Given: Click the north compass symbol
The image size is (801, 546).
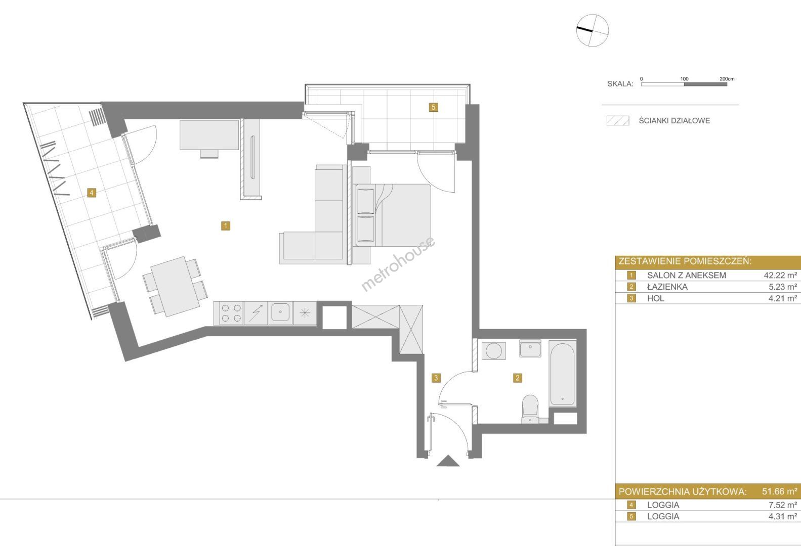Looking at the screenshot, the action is (592, 30).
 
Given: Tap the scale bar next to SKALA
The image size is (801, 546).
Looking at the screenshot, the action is (684, 84).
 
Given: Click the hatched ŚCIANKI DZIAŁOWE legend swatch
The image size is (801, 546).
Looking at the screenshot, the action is (618, 120).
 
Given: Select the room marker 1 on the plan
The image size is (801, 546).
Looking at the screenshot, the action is (225, 226).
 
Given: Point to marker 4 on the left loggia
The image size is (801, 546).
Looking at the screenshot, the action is (92, 193).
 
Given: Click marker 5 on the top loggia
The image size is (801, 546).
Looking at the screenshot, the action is (434, 107).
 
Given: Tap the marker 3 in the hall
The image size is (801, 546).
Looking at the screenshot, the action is (436, 378).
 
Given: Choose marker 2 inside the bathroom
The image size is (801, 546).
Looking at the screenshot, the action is (517, 378).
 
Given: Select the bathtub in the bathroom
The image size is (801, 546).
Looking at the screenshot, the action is (563, 374).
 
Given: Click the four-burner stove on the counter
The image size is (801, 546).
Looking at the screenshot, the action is (231, 313).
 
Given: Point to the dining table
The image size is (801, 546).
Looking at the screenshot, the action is (175, 286).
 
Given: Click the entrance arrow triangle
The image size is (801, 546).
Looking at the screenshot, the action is (448, 461).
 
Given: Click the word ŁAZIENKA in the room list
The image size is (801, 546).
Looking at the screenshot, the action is (667, 287).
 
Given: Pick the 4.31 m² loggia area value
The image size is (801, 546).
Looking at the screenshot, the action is (783, 516).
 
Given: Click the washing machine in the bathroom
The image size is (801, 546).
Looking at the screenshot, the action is (494, 350).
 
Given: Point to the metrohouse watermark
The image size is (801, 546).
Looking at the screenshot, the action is (398, 264).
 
